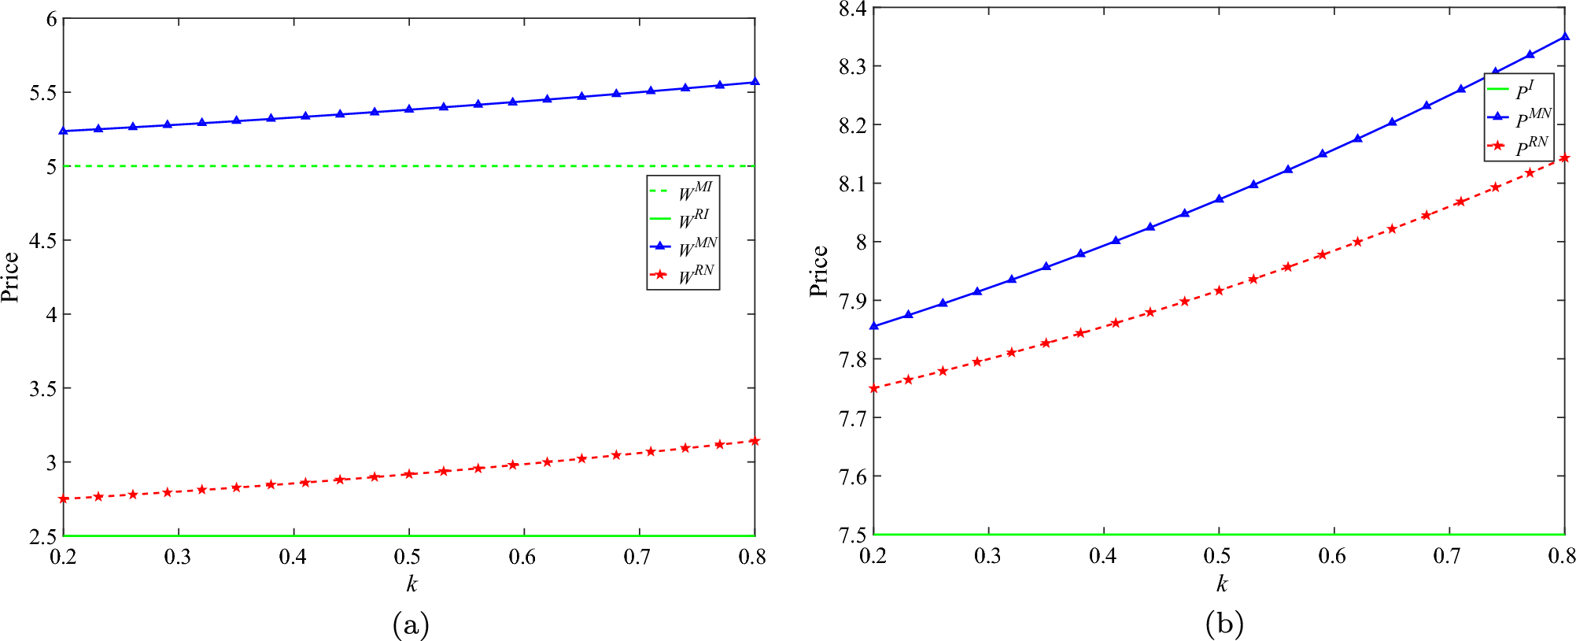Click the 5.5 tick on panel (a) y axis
pyautogui.click(x=44, y=93)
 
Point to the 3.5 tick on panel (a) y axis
pyautogui.click(x=44, y=389)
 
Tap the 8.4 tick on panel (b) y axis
pyautogui.click(x=852, y=9)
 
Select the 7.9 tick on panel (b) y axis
pyautogui.click(x=852, y=301)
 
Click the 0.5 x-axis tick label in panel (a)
pyautogui.click(x=408, y=558)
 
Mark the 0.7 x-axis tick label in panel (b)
pyautogui.click(x=1447, y=557)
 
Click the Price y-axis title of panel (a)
pyautogui.click(x=11, y=277)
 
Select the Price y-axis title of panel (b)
pyautogui.click(x=819, y=271)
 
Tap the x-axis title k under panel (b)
pyautogui.click(x=1221, y=584)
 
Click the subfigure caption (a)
pyautogui.click(x=410, y=624)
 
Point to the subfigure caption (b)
pyautogui.click(x=1224, y=624)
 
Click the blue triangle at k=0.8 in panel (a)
pyautogui.click(x=755, y=82)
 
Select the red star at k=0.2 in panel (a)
pyautogui.click(x=64, y=498)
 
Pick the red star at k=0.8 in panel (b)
pyautogui.click(x=1564, y=158)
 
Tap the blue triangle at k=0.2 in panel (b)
pyautogui.click(x=874, y=326)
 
